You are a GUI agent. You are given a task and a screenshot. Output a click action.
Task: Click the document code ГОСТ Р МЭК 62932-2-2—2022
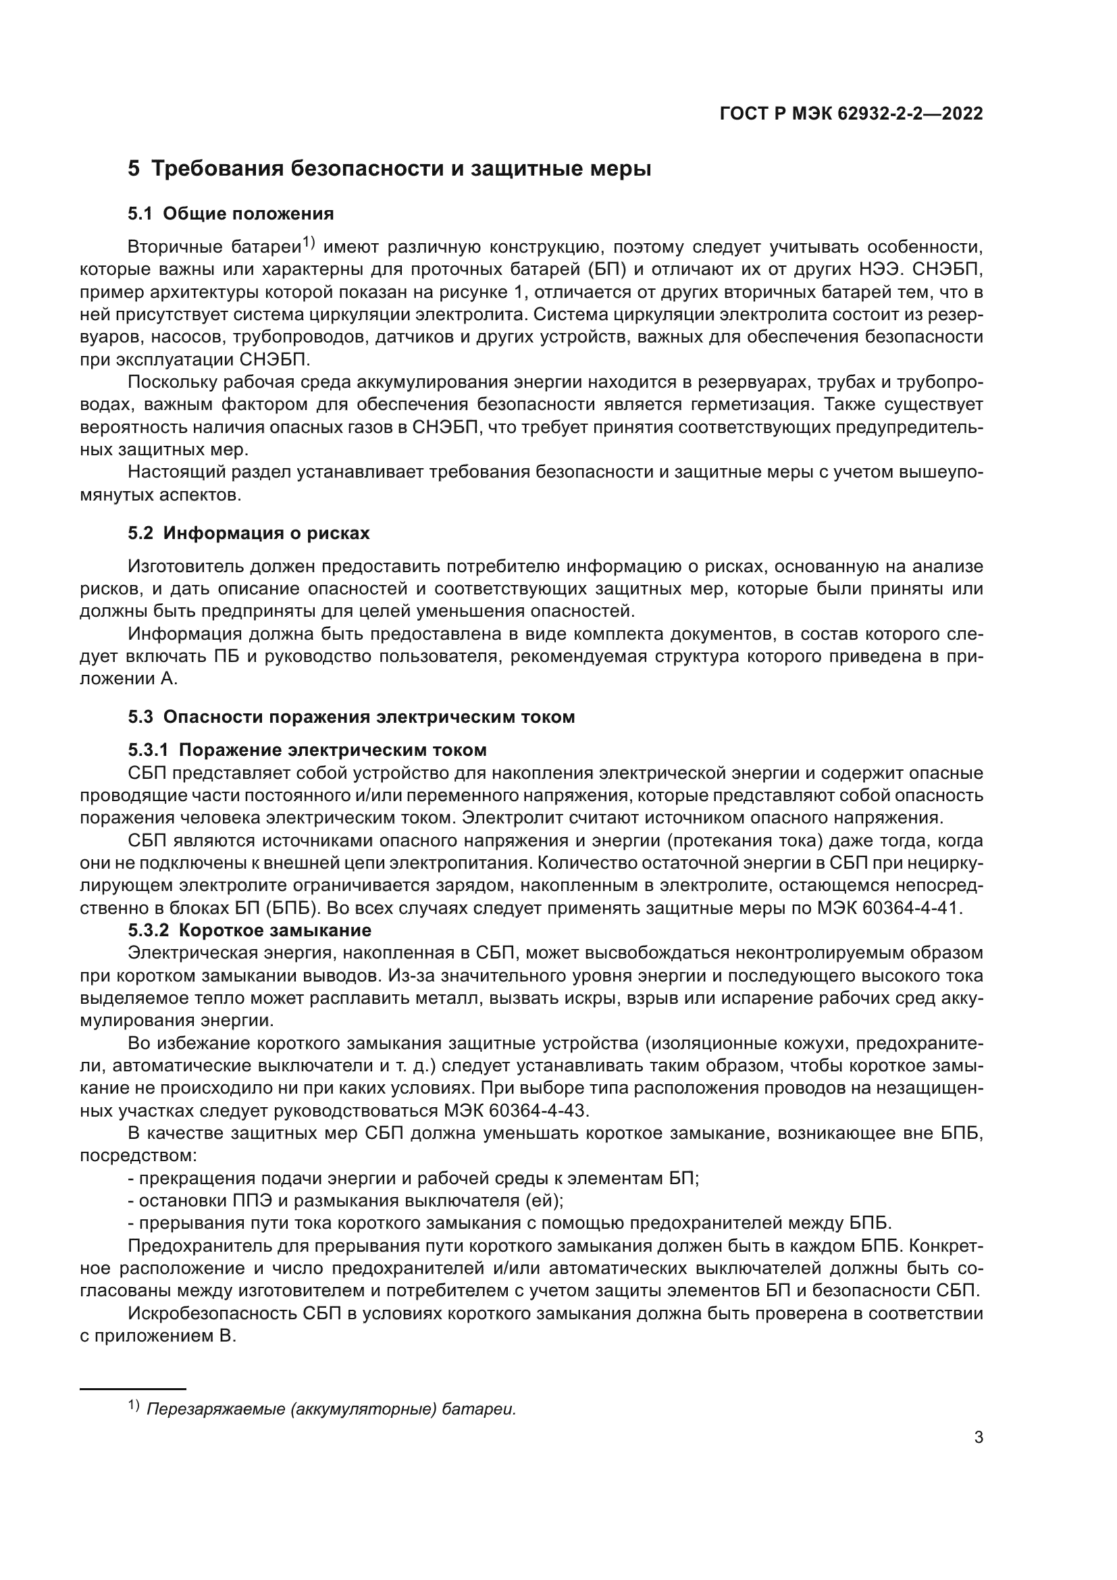coord(851,113)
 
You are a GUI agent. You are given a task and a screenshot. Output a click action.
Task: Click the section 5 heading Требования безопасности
coord(389,169)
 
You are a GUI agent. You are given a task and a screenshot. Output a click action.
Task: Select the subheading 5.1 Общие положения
coord(231,214)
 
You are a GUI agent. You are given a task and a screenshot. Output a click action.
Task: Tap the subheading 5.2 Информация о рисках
coord(249,534)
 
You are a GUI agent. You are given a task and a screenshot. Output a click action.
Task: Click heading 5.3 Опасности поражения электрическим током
coord(351,717)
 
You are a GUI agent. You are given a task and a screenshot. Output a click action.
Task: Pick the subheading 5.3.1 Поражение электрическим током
coord(307,750)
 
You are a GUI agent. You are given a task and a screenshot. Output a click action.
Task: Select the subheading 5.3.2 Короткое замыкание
coord(250,930)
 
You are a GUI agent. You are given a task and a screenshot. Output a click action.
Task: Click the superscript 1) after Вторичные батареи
coord(308,244)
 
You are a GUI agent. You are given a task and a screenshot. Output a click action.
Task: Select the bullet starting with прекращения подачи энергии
coord(413,1179)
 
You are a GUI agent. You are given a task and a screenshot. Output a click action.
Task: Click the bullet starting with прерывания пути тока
coord(509,1223)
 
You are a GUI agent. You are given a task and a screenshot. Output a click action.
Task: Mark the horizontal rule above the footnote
coord(133,1389)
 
